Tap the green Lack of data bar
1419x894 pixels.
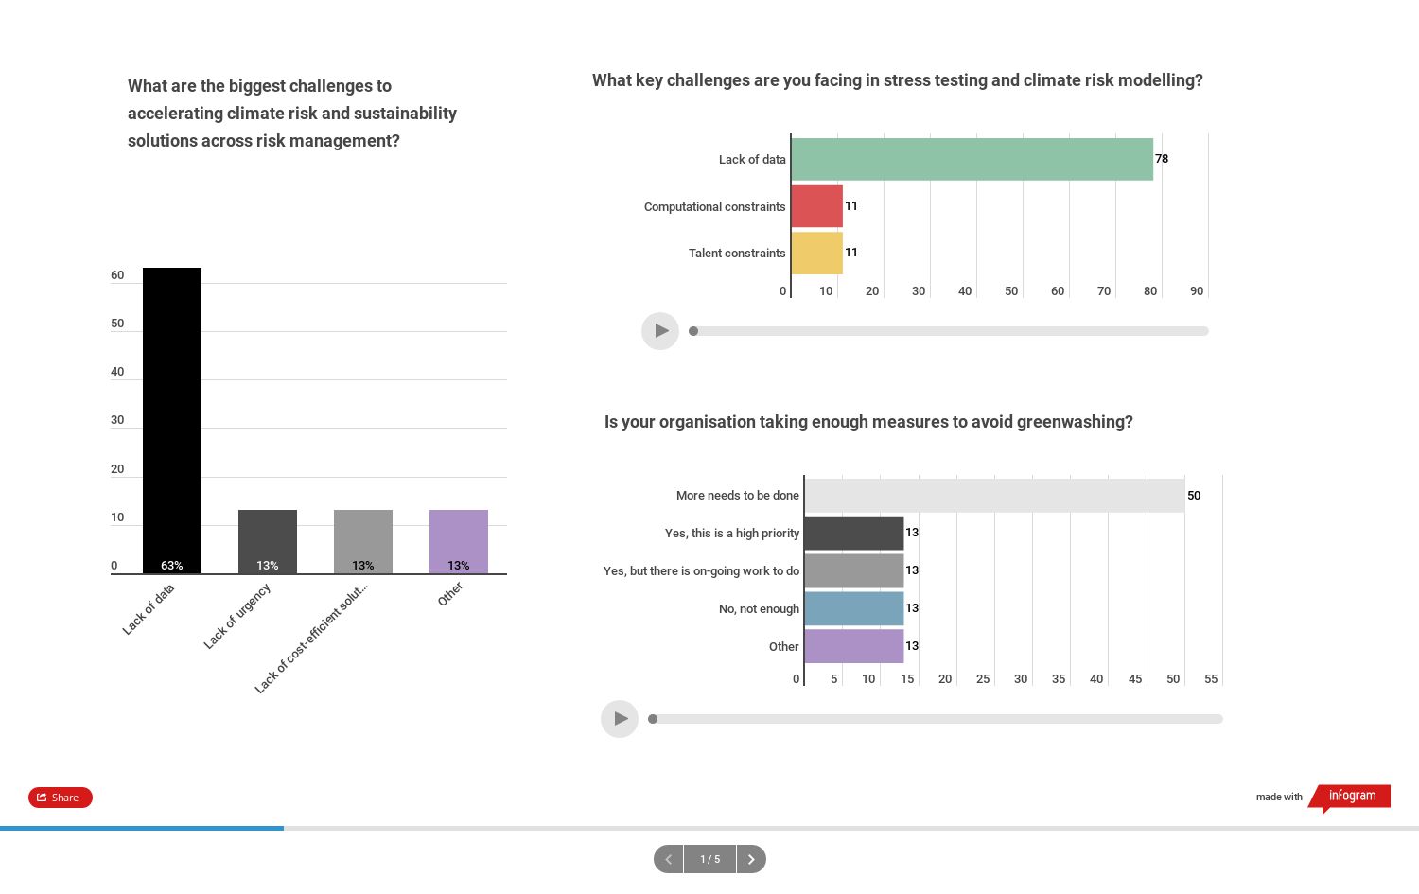click(x=972, y=159)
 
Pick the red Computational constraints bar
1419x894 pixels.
click(x=816, y=206)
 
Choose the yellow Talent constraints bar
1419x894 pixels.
click(x=816, y=253)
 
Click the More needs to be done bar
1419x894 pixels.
click(x=993, y=496)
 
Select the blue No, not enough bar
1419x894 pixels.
click(x=853, y=608)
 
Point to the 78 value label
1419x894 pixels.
click(x=1162, y=159)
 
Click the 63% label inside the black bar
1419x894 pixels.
click(x=172, y=566)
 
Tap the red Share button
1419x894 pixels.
click(x=61, y=798)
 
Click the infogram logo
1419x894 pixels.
click(x=1352, y=797)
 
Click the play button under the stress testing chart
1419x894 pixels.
click(x=660, y=331)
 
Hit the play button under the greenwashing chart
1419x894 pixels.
click(x=620, y=719)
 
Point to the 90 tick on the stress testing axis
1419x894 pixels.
click(x=1197, y=291)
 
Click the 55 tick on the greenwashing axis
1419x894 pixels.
click(x=1211, y=679)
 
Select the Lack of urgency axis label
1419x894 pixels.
click(x=237, y=616)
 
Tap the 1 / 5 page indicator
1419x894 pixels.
click(x=709, y=859)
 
